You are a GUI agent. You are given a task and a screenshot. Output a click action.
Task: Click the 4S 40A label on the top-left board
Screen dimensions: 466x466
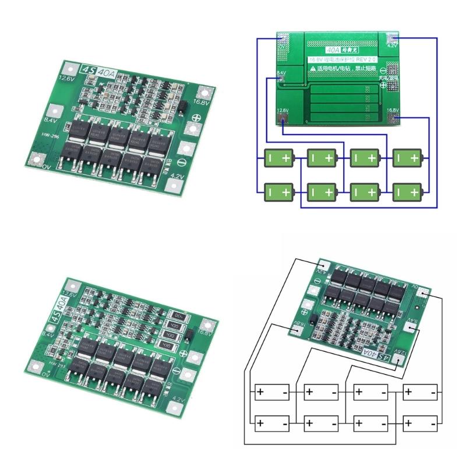(x=100, y=73)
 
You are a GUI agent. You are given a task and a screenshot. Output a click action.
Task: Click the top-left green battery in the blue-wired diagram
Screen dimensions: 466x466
(x=278, y=157)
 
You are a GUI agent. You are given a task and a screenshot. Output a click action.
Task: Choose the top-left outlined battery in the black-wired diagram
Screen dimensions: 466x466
(x=271, y=391)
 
